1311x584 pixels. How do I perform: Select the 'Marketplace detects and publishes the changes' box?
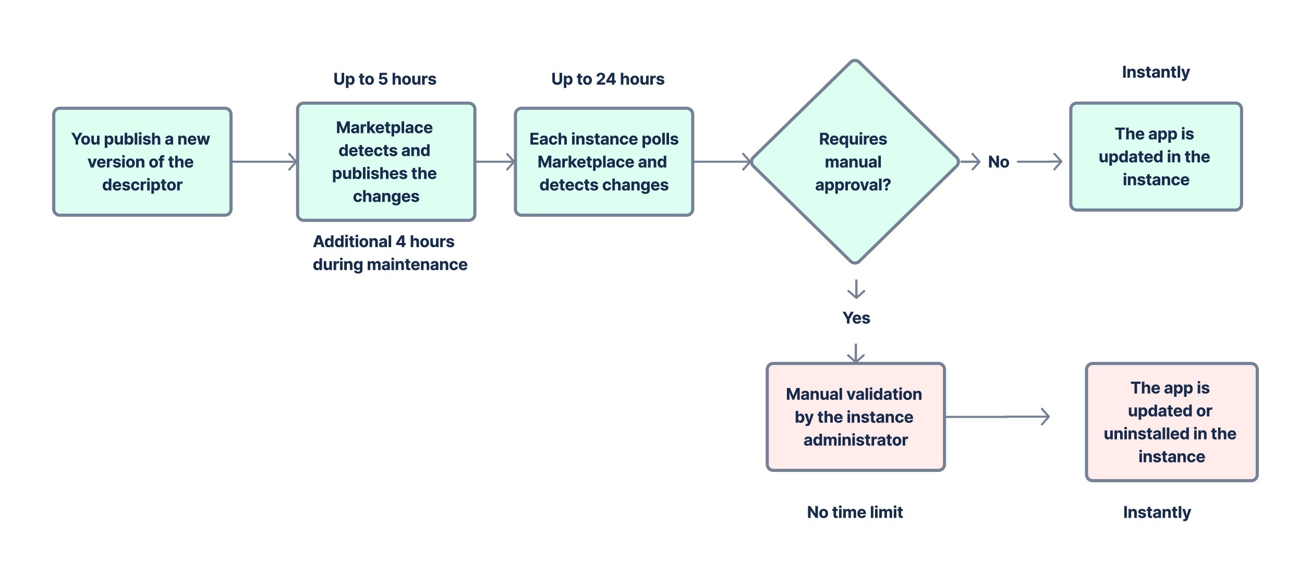point(385,162)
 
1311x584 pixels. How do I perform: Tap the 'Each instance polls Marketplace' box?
point(603,162)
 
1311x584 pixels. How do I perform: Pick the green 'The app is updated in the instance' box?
point(1155,156)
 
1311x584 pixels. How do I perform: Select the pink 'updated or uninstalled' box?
point(1171,421)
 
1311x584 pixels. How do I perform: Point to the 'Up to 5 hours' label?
point(385,79)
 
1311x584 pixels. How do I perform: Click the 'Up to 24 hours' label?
point(608,79)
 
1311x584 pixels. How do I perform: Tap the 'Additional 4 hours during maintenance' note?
point(390,253)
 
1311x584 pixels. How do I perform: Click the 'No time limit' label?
point(855,512)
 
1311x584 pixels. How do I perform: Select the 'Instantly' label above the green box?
point(1156,72)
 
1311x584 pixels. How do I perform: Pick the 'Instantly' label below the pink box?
point(1157,512)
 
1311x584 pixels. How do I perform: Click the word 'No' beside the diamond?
point(998,162)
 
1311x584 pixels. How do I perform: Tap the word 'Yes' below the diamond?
point(856,318)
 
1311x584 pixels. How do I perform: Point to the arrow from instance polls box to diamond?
point(722,162)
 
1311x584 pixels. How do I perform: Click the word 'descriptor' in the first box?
point(142,185)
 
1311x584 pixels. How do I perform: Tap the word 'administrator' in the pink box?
point(855,440)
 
